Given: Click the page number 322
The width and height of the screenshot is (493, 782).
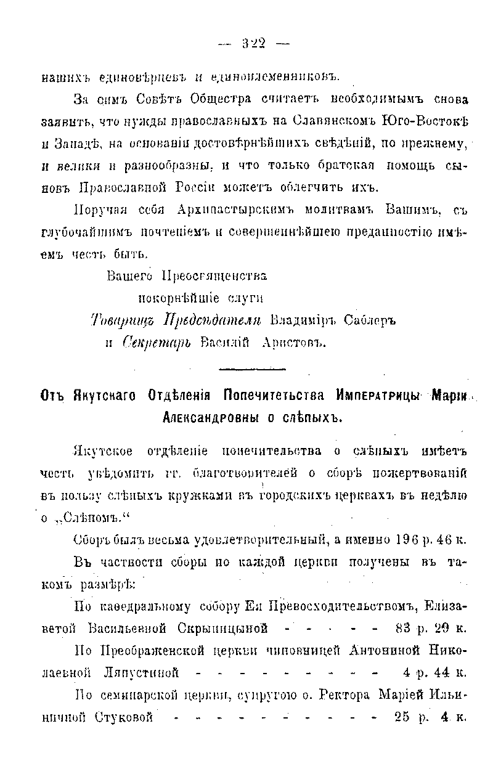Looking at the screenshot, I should [253, 44].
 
